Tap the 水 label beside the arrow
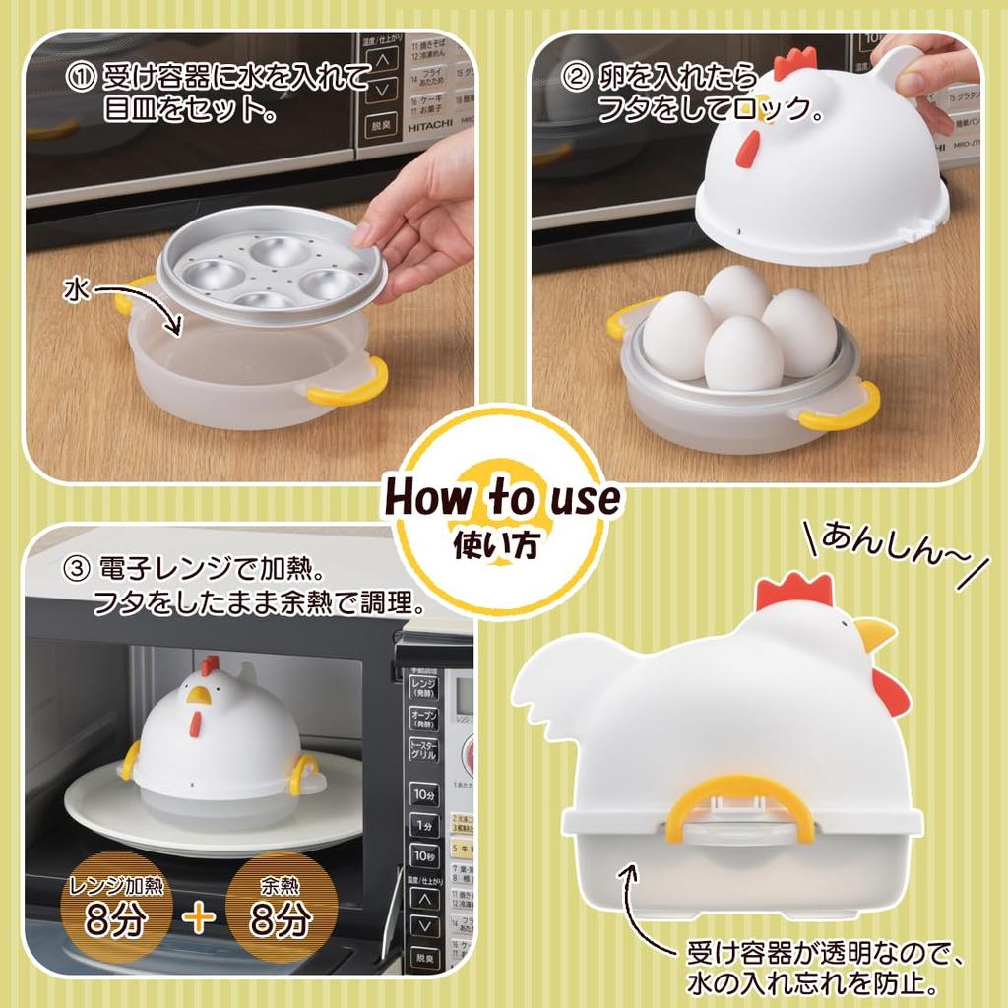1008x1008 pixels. click(x=78, y=288)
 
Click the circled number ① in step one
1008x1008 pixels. click(x=80, y=78)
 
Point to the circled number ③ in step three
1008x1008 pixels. click(x=75, y=569)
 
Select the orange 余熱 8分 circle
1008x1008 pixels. click(x=282, y=907)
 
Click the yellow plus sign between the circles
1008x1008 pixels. click(x=199, y=917)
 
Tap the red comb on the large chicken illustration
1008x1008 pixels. click(x=794, y=591)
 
